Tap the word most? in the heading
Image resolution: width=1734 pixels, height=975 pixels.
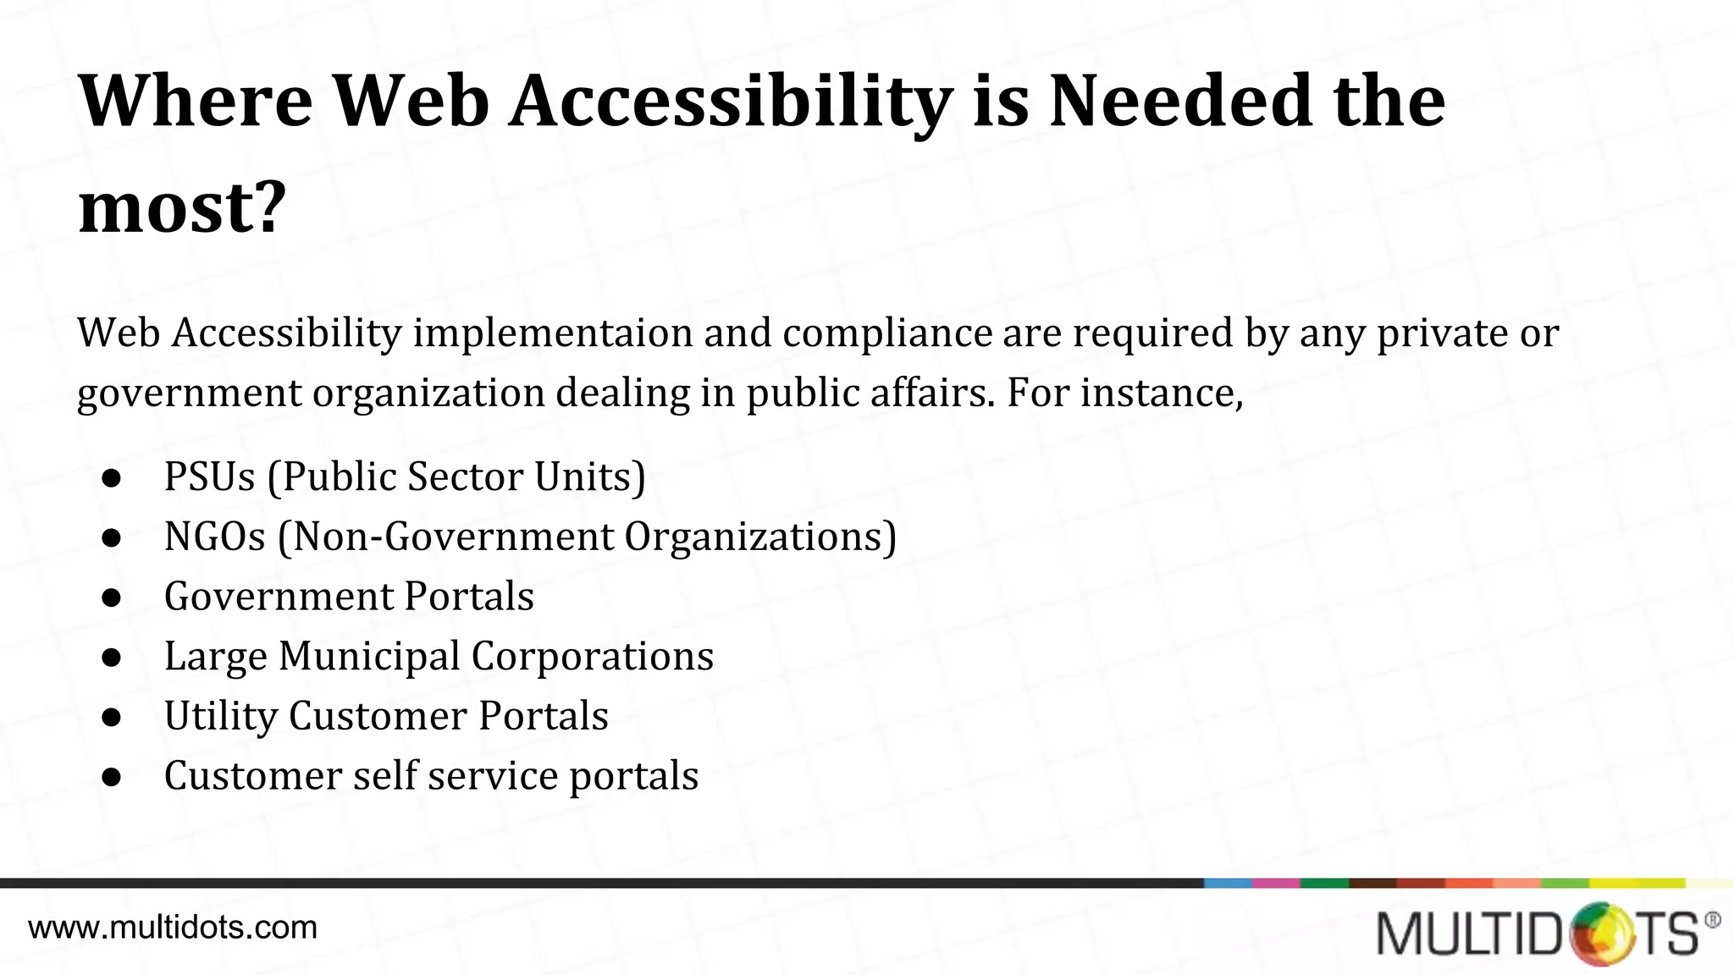point(182,207)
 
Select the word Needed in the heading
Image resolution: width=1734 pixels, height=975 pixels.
point(1180,102)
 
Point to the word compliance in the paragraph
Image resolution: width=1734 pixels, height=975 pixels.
point(887,333)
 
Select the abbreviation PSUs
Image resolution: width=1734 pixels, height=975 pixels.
point(210,476)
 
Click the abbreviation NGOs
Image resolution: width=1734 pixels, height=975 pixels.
point(215,537)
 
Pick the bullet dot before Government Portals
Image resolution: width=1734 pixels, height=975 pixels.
point(112,598)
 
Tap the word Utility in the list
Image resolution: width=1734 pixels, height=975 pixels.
point(220,717)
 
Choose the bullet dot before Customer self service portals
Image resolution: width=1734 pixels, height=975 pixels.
point(112,777)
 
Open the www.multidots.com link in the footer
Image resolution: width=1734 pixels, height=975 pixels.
point(173,928)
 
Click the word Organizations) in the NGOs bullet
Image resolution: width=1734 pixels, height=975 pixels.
point(760,537)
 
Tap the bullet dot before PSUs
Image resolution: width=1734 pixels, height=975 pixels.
point(112,478)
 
